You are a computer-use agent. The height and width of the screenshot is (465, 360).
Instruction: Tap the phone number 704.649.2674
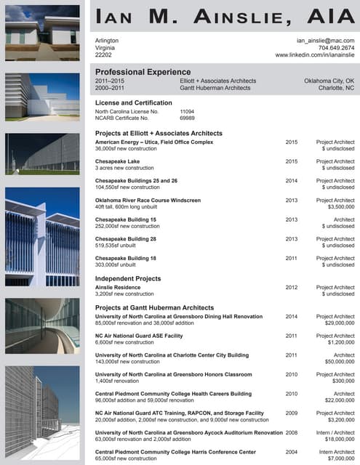click(336, 48)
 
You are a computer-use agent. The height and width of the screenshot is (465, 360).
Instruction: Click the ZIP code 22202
click(104, 55)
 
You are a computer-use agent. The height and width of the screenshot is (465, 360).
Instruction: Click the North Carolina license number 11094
click(189, 112)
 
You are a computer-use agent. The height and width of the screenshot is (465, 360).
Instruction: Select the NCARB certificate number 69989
click(187, 118)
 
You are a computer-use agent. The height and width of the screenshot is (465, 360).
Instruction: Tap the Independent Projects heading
click(128, 279)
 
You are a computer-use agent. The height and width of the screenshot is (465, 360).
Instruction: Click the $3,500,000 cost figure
click(338, 207)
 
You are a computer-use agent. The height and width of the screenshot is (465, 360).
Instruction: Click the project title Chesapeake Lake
click(117, 161)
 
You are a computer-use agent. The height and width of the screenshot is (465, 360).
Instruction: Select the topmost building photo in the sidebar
click(41, 31)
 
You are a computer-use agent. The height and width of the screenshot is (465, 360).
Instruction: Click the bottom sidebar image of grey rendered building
click(41, 414)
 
